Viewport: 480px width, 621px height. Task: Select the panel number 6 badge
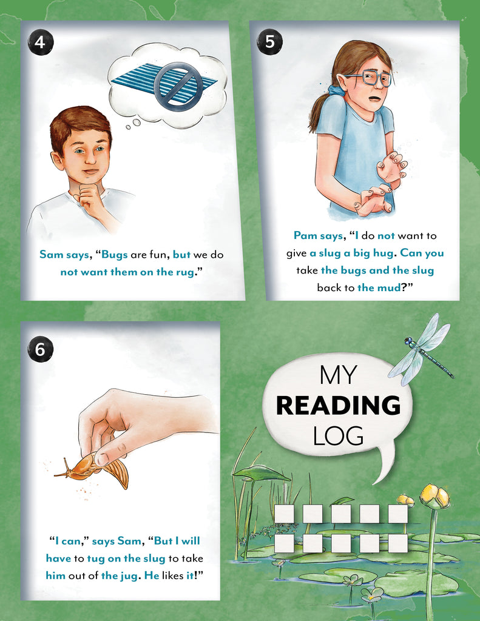(41, 349)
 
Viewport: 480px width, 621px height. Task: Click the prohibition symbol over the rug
(177, 86)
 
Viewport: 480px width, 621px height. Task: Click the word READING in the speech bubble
(338, 406)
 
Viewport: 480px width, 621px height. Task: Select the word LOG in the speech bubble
(338, 435)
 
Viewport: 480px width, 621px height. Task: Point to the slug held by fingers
(91, 468)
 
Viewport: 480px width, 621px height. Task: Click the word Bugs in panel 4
(115, 255)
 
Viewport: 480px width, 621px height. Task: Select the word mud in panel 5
(388, 287)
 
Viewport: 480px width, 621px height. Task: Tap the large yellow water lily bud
(434, 497)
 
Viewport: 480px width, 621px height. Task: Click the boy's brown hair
(79, 121)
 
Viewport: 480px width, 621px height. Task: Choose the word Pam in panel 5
(307, 235)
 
